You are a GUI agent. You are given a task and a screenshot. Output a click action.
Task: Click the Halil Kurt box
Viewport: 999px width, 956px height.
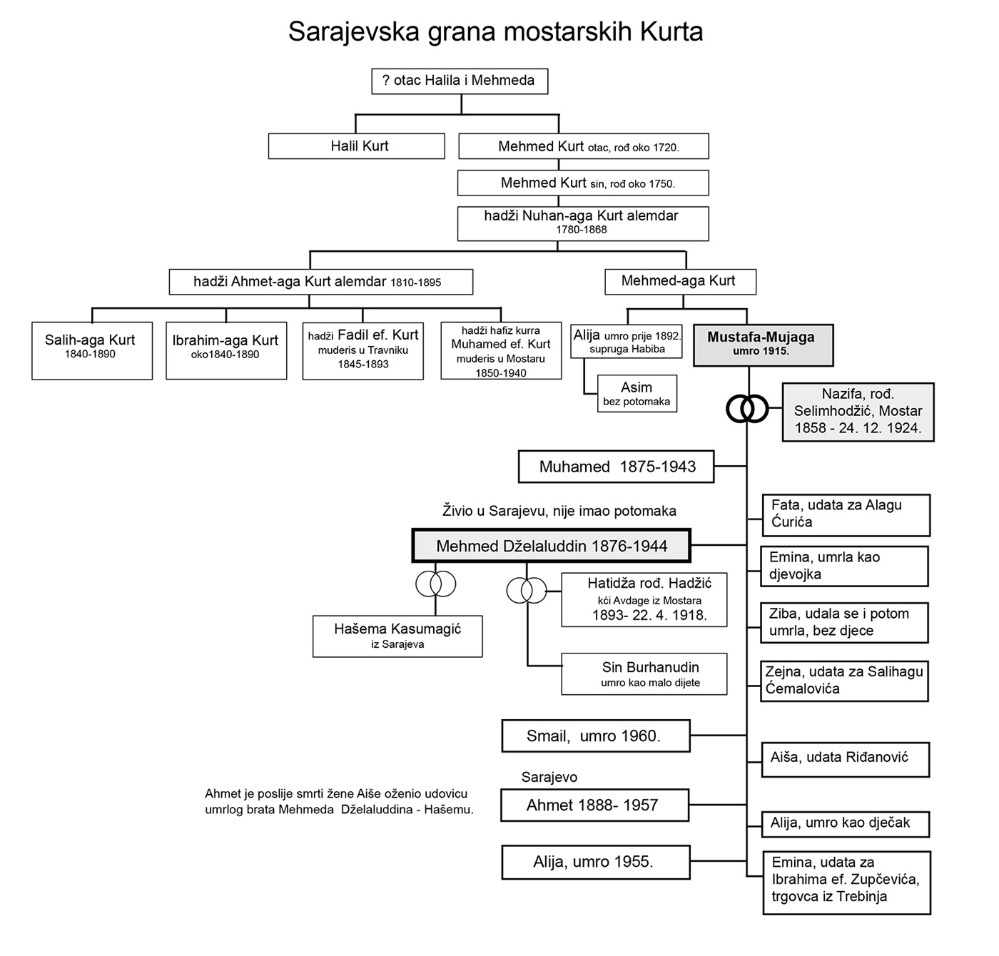(x=356, y=146)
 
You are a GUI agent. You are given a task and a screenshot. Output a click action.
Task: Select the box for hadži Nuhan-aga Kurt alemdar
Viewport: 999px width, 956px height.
(x=582, y=223)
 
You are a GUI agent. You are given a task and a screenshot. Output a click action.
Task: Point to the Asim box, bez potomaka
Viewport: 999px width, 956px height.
(x=637, y=393)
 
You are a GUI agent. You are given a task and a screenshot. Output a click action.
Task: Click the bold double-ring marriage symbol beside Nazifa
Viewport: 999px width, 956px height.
(x=746, y=409)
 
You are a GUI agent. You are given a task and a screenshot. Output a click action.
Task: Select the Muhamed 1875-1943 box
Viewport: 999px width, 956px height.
(x=617, y=467)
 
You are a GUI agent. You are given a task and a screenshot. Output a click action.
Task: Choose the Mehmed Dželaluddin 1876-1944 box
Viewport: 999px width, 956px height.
(x=552, y=546)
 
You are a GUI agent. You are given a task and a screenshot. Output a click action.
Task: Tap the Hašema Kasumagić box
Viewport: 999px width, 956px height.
(x=397, y=636)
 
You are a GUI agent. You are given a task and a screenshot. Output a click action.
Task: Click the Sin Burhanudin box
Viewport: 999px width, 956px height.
(x=644, y=673)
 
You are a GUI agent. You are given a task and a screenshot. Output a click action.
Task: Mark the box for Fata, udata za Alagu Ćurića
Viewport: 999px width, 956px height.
(x=845, y=514)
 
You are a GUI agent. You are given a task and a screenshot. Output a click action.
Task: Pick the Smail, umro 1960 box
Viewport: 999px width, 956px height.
(x=595, y=736)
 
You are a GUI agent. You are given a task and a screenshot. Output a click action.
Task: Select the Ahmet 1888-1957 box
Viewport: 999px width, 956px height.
(x=594, y=805)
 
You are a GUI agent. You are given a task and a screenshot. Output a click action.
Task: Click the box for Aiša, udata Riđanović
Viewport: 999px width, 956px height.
(x=845, y=758)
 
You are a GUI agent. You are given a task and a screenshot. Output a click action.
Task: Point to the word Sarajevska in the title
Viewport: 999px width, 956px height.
(x=353, y=32)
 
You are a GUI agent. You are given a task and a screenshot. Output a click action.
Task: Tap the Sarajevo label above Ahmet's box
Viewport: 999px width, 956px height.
(x=549, y=777)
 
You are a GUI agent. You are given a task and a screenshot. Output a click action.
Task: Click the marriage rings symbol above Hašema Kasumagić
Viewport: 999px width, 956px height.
(x=435, y=584)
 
